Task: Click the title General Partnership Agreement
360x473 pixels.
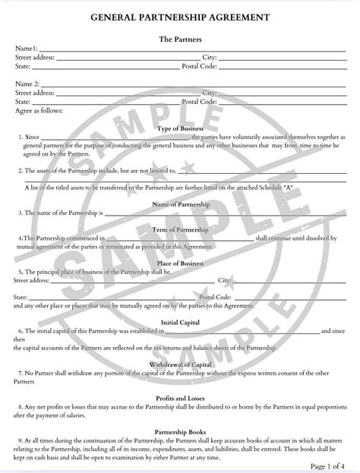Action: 179,16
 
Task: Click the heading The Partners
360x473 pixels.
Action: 179,38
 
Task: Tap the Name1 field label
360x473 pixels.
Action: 27,48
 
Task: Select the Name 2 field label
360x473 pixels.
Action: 27,84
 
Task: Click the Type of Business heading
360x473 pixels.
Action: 179,128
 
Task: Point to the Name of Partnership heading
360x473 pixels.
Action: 179,204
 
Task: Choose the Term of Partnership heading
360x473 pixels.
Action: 179,229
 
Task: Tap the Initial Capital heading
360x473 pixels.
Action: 179,322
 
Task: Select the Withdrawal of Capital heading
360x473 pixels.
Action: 179,364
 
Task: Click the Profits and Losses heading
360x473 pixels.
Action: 179,398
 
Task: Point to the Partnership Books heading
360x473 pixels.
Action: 179,431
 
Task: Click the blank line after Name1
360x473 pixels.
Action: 190,49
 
